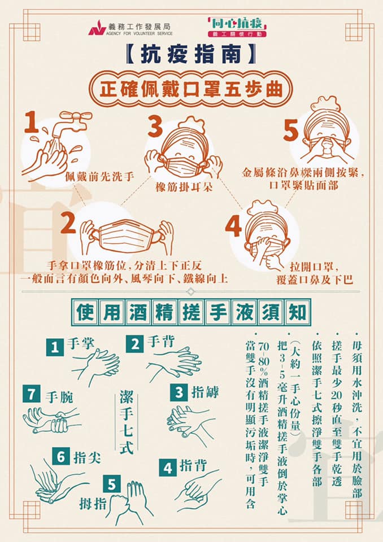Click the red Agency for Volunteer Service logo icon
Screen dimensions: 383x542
pyautogui.click(x=97, y=28)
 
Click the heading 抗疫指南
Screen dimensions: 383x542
pyautogui.click(x=190, y=55)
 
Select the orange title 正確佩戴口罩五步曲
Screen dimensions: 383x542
pyautogui.click(x=191, y=90)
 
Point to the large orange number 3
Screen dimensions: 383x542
pyautogui.click(x=155, y=126)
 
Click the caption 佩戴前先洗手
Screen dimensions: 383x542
pyautogui.click(x=99, y=177)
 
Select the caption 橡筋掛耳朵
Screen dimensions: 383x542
pyautogui.click(x=184, y=187)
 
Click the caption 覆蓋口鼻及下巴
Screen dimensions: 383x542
pyautogui.click(x=315, y=279)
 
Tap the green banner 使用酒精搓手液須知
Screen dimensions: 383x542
pyautogui.click(x=191, y=313)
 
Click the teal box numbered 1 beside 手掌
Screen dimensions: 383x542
pyautogui.click(x=55, y=347)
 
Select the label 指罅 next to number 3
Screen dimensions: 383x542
pyautogui.click(x=205, y=392)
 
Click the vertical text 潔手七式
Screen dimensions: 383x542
pyautogui.click(x=127, y=422)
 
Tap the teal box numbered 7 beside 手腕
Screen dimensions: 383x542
pyautogui.click(x=32, y=394)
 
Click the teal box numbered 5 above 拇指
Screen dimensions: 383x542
pyautogui.click(x=112, y=484)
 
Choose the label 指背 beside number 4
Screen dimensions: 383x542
pyautogui.click(x=193, y=466)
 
